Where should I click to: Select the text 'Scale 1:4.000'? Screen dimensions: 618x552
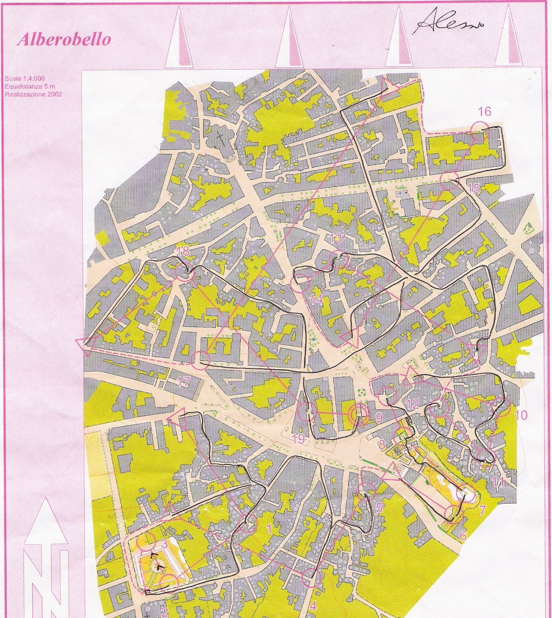click(x=24, y=79)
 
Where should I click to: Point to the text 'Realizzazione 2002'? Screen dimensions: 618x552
click(x=33, y=94)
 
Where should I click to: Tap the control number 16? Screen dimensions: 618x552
click(x=485, y=112)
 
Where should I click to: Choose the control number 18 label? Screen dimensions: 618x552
click(x=183, y=252)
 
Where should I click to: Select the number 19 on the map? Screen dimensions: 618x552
click(x=299, y=439)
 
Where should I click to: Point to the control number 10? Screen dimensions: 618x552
click(x=520, y=414)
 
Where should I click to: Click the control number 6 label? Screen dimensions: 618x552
click(x=463, y=535)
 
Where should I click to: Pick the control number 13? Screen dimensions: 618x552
click(x=336, y=238)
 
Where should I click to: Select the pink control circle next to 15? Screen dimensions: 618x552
click(x=450, y=181)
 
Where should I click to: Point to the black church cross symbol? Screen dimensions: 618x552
click(x=221, y=139)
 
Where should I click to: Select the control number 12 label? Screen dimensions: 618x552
click(x=413, y=404)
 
